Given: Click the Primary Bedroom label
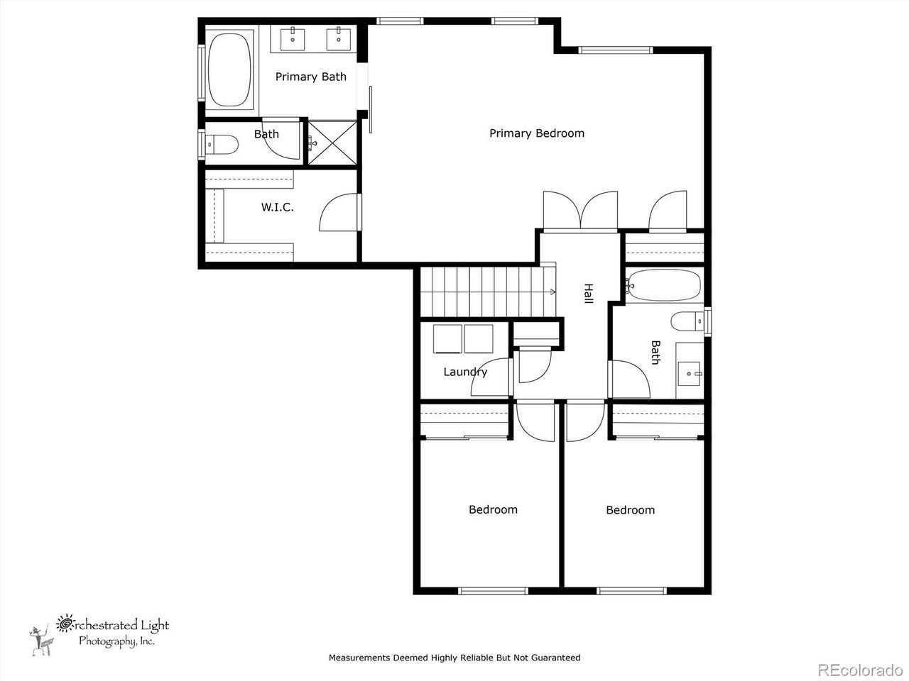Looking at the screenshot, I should [537, 133].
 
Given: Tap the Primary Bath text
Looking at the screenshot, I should [310, 77].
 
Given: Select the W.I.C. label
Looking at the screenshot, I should [277, 207].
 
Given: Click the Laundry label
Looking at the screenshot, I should [465, 372].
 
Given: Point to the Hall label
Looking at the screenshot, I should [588, 294].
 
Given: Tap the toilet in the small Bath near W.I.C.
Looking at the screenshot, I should [221, 145].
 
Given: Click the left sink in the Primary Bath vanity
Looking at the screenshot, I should [293, 40].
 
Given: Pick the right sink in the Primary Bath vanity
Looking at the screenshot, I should [339, 40].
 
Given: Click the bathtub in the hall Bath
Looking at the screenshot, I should [665, 285].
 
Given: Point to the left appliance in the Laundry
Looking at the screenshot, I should [447, 338].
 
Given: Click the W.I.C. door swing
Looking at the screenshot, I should [339, 212].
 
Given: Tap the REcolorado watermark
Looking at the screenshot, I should [859, 669].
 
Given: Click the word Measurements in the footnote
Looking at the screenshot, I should [359, 658].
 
